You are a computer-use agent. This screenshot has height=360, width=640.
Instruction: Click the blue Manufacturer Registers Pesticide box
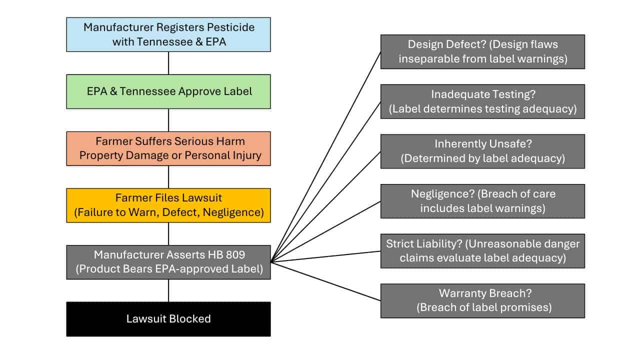click(168, 34)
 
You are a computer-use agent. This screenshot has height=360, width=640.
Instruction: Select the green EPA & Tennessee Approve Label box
click(168, 91)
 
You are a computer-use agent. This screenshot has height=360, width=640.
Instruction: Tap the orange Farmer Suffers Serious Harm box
click(168, 148)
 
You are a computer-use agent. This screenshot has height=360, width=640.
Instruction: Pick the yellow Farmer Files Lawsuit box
click(168, 205)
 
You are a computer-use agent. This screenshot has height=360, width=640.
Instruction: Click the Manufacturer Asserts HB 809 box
click(168, 262)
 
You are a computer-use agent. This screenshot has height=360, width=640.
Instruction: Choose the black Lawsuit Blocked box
click(168, 319)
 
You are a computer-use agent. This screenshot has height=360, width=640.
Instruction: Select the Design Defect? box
click(482, 51)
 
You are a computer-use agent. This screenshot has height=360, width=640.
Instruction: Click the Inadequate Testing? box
click(482, 101)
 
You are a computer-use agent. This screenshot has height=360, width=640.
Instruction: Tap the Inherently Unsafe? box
click(482, 151)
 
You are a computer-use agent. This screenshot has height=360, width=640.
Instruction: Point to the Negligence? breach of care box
click(482, 201)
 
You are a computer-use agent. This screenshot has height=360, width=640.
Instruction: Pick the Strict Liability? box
click(482, 251)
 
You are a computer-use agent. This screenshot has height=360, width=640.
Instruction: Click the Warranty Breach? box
click(482, 301)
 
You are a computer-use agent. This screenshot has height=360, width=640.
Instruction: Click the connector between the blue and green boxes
click(168, 63)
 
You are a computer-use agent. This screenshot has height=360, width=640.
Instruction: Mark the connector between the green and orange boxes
click(168, 120)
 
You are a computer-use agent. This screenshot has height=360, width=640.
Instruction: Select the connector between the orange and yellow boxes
click(168, 177)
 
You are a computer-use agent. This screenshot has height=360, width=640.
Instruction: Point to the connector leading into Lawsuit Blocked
click(168, 290)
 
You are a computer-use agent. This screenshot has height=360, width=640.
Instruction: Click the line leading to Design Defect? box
click(325, 156)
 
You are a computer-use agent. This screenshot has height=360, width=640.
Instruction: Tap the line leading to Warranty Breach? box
click(325, 281)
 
